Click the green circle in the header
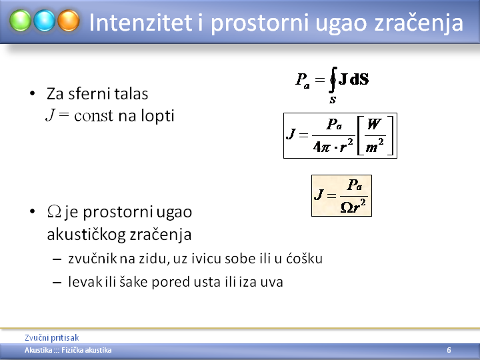[20, 21]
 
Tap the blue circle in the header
[45, 21]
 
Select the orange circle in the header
[69, 21]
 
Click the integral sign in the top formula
[333, 79]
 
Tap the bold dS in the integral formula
[359, 79]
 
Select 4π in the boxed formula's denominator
[321, 147]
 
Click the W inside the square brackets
[374, 124]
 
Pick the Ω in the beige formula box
[347, 208]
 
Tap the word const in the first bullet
[94, 116]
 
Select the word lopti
[157, 116]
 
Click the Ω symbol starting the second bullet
[54, 211]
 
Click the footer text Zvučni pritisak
[52, 337]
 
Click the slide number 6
[449, 350]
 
